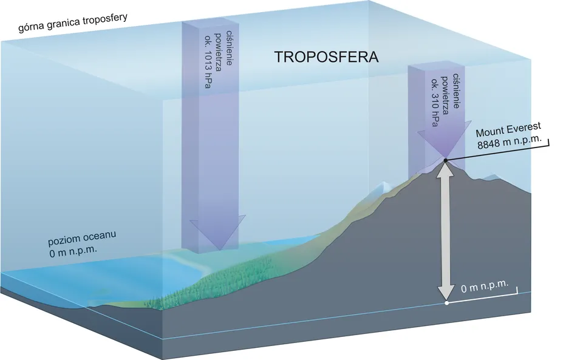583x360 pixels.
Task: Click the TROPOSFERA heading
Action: coord(326,58)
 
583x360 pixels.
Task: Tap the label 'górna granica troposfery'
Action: coord(73,18)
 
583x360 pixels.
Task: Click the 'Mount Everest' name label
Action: coord(508,132)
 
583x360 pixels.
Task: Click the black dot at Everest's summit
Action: coord(445,160)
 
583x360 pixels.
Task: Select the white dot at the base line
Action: coord(446,302)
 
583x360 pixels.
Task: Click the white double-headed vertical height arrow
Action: coord(446,231)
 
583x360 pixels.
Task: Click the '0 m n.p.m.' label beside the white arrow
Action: coord(486,287)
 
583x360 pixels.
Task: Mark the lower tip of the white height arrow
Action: coord(446,298)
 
